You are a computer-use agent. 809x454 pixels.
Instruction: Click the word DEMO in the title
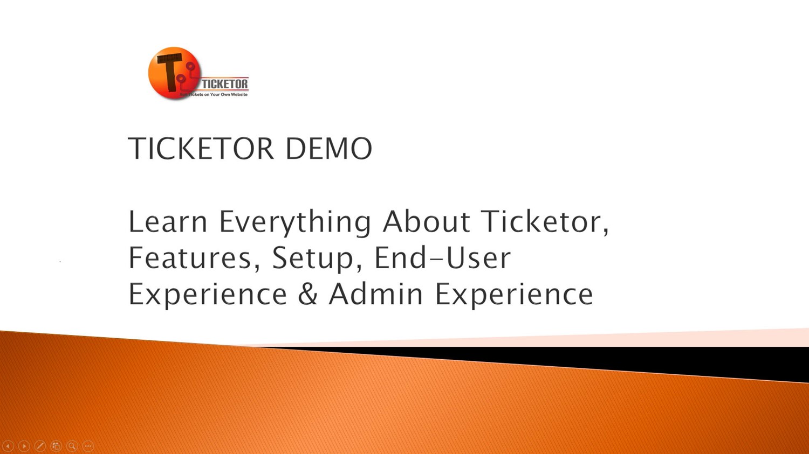(328, 148)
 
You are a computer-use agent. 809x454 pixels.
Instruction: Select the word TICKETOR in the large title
(201, 148)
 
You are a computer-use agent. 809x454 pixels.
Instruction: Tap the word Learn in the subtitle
(168, 221)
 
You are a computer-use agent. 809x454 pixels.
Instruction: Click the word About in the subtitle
(426, 221)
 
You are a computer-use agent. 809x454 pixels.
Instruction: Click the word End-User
(443, 257)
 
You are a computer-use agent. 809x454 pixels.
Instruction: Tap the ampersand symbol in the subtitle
(308, 294)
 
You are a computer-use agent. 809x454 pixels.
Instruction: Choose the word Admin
(375, 294)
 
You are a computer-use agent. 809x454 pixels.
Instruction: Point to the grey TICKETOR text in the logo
(225, 84)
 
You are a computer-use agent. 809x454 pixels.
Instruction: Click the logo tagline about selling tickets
(214, 94)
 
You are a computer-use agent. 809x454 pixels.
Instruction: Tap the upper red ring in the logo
(190, 67)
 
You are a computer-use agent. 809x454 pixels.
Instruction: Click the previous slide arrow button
(8, 446)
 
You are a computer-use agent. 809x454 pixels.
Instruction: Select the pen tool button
(40, 446)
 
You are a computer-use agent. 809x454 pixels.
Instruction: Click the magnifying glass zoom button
(72, 446)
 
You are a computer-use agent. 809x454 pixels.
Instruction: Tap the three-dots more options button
(88, 446)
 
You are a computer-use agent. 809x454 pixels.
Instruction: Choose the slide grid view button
(56, 446)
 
